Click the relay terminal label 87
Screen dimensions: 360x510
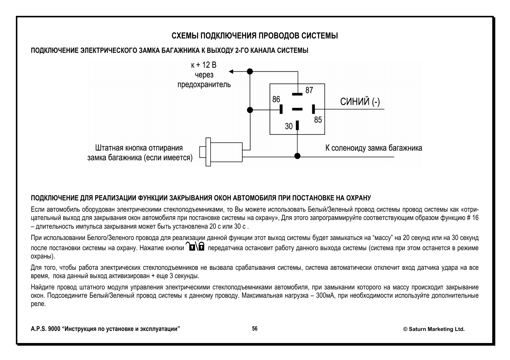pyautogui.click(x=309, y=90)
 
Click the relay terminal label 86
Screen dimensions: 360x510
pyautogui.click(x=276, y=99)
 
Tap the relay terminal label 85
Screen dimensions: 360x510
pyautogui.click(x=318, y=120)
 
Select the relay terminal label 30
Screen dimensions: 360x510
pyautogui.click(x=289, y=126)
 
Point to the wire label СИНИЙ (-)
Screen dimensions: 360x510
pyautogui.click(x=360, y=102)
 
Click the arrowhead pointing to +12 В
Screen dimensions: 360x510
pyautogui.click(x=231, y=71)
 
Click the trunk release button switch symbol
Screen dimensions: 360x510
pyautogui.click(x=223, y=152)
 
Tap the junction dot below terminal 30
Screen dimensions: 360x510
pyautogui.click(x=297, y=156)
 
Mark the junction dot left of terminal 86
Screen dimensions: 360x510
pyautogui.click(x=250, y=110)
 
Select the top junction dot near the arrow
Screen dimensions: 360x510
pyautogui.click(x=250, y=71)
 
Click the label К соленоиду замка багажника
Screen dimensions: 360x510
pyautogui.click(x=373, y=148)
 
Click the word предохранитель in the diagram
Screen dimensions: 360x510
pyautogui.click(x=204, y=85)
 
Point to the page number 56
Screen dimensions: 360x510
pyautogui.click(x=255, y=329)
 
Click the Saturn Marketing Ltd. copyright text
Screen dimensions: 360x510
pyautogui.click(x=434, y=329)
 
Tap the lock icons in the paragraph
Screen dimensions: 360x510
pyautogui.click(x=195, y=247)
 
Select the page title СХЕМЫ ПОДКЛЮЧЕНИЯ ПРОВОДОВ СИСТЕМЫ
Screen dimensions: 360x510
pyautogui.click(x=255, y=36)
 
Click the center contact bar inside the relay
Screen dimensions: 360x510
pyautogui.click(x=297, y=109)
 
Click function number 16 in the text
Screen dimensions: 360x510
pyautogui.click(x=475, y=218)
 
